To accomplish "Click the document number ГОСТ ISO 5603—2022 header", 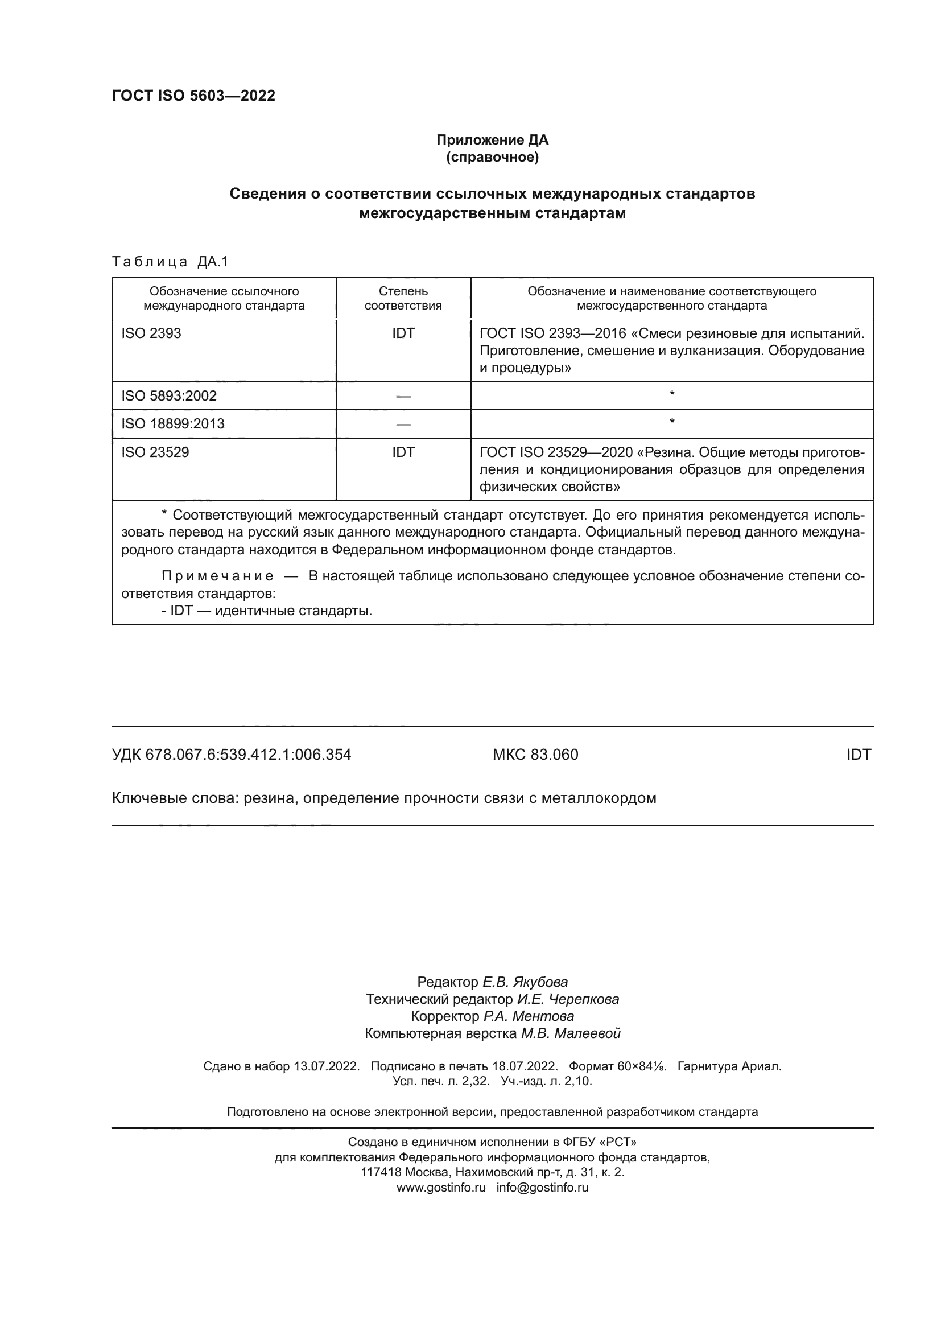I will coord(193,96).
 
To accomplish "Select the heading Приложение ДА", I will coord(492,140).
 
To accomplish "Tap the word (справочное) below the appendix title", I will coord(492,157).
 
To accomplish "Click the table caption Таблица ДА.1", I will coord(170,262).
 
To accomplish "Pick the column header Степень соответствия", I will coord(403,298).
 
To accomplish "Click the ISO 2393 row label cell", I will coord(151,333).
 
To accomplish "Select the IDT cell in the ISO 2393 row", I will coord(403,333).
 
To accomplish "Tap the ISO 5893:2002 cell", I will coord(168,396).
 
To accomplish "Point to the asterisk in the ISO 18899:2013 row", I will coord(671,422).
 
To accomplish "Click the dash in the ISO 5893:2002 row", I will coord(403,397).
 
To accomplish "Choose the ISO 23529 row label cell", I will coord(155,452).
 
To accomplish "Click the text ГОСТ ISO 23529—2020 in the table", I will coord(556,452).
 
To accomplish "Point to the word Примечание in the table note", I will coord(217,576).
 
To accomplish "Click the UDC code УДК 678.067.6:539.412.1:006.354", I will coord(231,755).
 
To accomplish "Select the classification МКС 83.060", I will coord(535,755).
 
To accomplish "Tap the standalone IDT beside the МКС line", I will coord(858,755).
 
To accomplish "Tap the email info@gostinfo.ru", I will coord(542,1188).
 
